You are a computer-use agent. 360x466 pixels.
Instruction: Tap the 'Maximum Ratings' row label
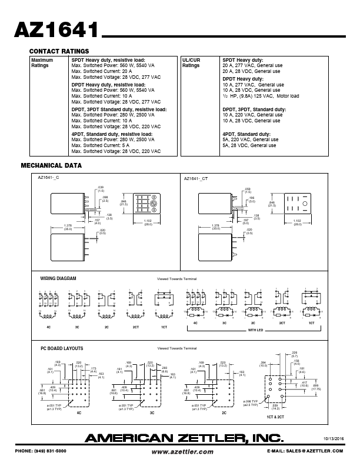click(42, 63)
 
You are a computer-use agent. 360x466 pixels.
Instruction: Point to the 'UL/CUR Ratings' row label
click(192, 63)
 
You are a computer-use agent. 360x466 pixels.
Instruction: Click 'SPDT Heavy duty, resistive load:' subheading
click(108, 60)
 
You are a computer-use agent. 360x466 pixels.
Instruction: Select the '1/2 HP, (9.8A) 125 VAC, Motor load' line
click(261, 96)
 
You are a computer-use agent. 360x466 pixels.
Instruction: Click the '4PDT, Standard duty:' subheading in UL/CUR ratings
click(246, 134)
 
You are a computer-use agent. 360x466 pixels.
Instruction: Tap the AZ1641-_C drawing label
click(49, 178)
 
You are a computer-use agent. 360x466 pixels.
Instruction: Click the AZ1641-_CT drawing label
click(196, 178)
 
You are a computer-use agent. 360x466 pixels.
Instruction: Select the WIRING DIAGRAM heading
click(58, 278)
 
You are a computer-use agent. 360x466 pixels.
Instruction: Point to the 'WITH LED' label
click(255, 331)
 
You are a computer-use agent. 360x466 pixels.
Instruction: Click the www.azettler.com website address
click(182, 451)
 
